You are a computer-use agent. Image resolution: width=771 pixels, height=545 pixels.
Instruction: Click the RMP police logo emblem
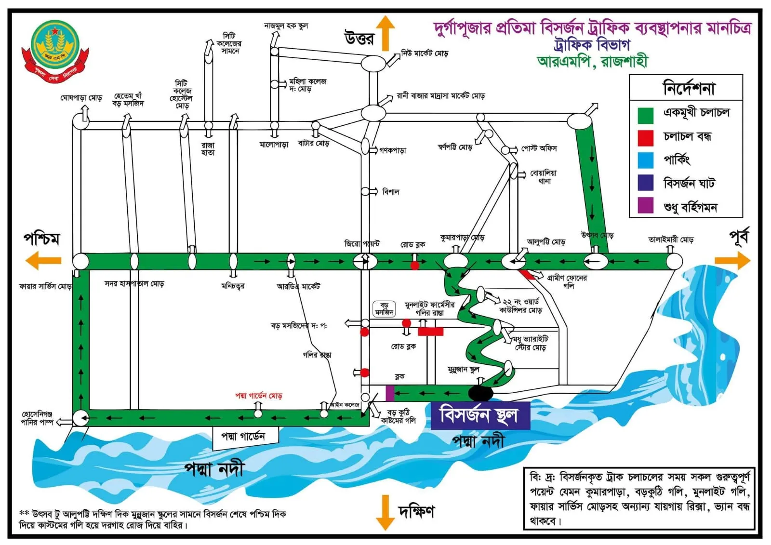pos(55,50)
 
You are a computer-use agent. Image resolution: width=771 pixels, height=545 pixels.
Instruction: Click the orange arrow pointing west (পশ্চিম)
pos(43,261)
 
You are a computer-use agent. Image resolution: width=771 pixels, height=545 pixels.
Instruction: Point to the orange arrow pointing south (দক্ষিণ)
pos(385,512)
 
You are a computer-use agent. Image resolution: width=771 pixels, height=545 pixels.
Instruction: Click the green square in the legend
pos(645,116)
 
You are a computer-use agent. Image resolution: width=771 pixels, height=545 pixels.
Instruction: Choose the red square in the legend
pos(645,138)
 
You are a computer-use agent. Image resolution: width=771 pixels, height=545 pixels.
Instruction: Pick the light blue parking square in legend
pos(645,160)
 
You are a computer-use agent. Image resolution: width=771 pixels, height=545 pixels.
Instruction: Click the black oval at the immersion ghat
pos(481,393)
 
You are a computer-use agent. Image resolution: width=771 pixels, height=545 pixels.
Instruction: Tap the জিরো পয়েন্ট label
pos(362,244)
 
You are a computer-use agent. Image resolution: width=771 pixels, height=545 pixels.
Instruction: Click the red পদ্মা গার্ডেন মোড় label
pos(259,396)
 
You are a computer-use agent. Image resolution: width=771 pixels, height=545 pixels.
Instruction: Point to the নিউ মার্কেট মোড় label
pos(425,53)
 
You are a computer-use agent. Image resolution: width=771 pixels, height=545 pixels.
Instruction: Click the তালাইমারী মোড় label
pos(670,239)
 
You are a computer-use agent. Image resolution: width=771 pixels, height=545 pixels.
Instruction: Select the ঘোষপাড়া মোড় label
pos(81,98)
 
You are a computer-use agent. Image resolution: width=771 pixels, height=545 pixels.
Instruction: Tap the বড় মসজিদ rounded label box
pos(384,309)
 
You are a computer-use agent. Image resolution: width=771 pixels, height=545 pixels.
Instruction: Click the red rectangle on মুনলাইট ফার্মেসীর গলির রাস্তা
pos(430,331)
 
